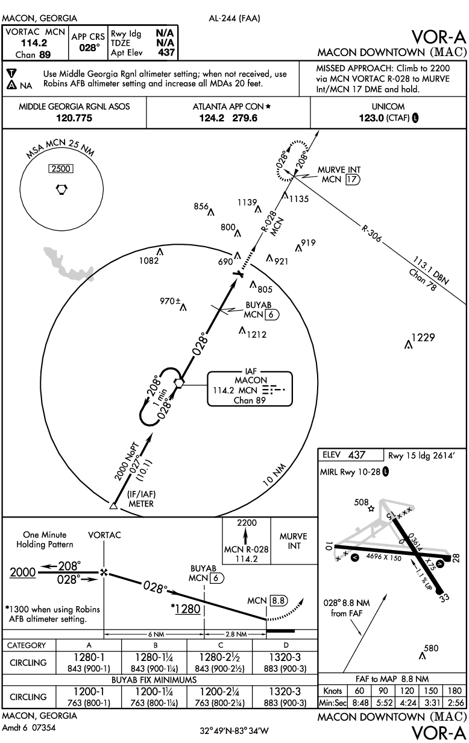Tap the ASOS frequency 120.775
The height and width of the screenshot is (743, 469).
(74, 118)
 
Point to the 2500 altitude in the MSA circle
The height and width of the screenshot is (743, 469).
(61, 170)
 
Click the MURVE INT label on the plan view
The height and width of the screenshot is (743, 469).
(339, 171)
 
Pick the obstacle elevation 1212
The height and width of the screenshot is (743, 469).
(256, 334)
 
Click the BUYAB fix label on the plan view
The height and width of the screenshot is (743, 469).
(256, 305)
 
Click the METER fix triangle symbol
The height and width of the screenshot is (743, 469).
(113, 505)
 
